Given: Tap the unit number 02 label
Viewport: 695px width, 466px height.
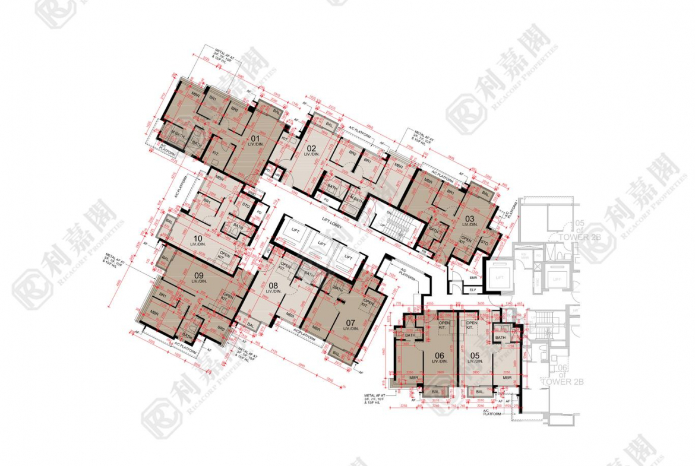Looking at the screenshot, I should [311, 147].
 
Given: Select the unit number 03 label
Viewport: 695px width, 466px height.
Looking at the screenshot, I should [469, 218].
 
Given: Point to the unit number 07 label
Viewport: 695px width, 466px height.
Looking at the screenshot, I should [350, 323].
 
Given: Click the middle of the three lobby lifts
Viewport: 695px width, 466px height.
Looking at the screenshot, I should [321, 243].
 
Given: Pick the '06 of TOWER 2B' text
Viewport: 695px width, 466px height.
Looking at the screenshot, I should [561, 378].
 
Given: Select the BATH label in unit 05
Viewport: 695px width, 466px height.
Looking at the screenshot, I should [500, 338].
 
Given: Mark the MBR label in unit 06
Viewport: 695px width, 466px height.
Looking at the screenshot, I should [414, 378].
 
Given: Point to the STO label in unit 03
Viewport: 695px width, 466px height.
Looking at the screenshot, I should [484, 243].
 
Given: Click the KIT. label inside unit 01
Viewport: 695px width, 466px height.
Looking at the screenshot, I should [216, 153].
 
